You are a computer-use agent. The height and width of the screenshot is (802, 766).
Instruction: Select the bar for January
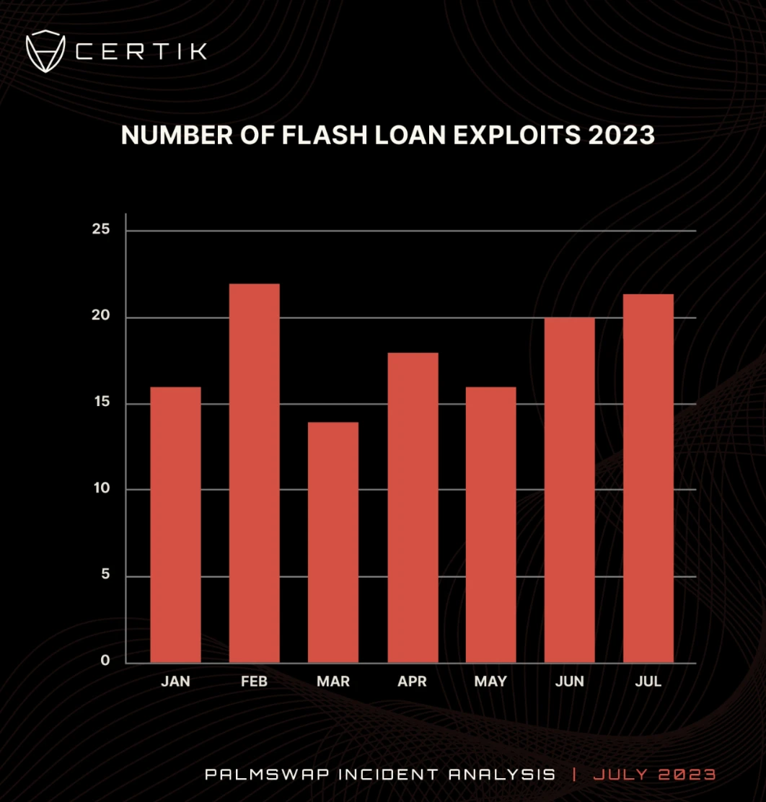coord(176,525)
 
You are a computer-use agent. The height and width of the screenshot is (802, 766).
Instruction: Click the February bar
coord(255,473)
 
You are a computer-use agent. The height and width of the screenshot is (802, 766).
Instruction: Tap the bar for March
coord(333,542)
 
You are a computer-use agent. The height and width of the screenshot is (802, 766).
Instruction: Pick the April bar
coord(413,508)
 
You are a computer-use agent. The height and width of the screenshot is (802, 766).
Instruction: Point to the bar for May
coord(490,525)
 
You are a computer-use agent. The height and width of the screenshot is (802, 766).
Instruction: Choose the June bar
coord(570,490)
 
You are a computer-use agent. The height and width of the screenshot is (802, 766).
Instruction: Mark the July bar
coord(648,478)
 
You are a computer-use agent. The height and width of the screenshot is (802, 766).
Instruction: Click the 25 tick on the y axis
coord(101,230)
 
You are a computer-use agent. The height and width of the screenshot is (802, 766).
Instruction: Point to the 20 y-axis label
coord(101,316)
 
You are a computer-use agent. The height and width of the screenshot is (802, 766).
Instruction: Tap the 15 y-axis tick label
coord(101,402)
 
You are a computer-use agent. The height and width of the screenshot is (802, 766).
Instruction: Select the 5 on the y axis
coord(105,575)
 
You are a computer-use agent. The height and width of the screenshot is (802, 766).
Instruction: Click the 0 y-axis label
coord(105,661)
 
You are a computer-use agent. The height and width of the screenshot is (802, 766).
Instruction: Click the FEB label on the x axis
coord(255,682)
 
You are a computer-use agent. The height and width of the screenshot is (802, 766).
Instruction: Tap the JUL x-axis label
coord(648,682)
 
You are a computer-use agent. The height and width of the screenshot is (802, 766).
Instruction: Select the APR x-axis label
coord(413,682)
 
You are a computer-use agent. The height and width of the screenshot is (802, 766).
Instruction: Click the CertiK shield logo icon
coord(45,51)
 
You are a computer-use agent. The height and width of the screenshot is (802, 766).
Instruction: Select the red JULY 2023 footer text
coord(654,775)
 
